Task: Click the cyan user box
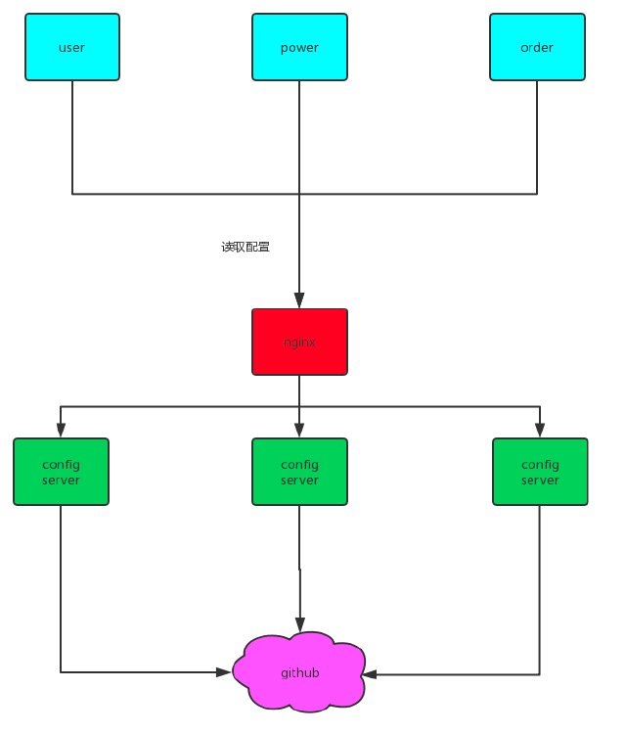click(71, 47)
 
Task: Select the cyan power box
click(299, 47)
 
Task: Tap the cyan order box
click(537, 47)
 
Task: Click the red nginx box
click(299, 343)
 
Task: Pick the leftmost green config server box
click(61, 472)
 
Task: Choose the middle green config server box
click(299, 472)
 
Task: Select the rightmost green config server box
click(540, 472)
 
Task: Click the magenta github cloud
click(299, 672)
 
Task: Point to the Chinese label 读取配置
click(246, 248)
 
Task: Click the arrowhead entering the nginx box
click(299, 302)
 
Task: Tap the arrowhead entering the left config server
click(61, 431)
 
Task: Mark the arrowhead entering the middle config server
click(299, 431)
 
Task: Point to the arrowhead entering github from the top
click(299, 625)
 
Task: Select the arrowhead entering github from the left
click(225, 672)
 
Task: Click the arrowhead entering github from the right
click(373, 674)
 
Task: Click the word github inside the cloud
click(299, 673)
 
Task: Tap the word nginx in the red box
click(299, 343)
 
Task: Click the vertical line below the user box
click(72, 137)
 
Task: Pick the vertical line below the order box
click(537, 137)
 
